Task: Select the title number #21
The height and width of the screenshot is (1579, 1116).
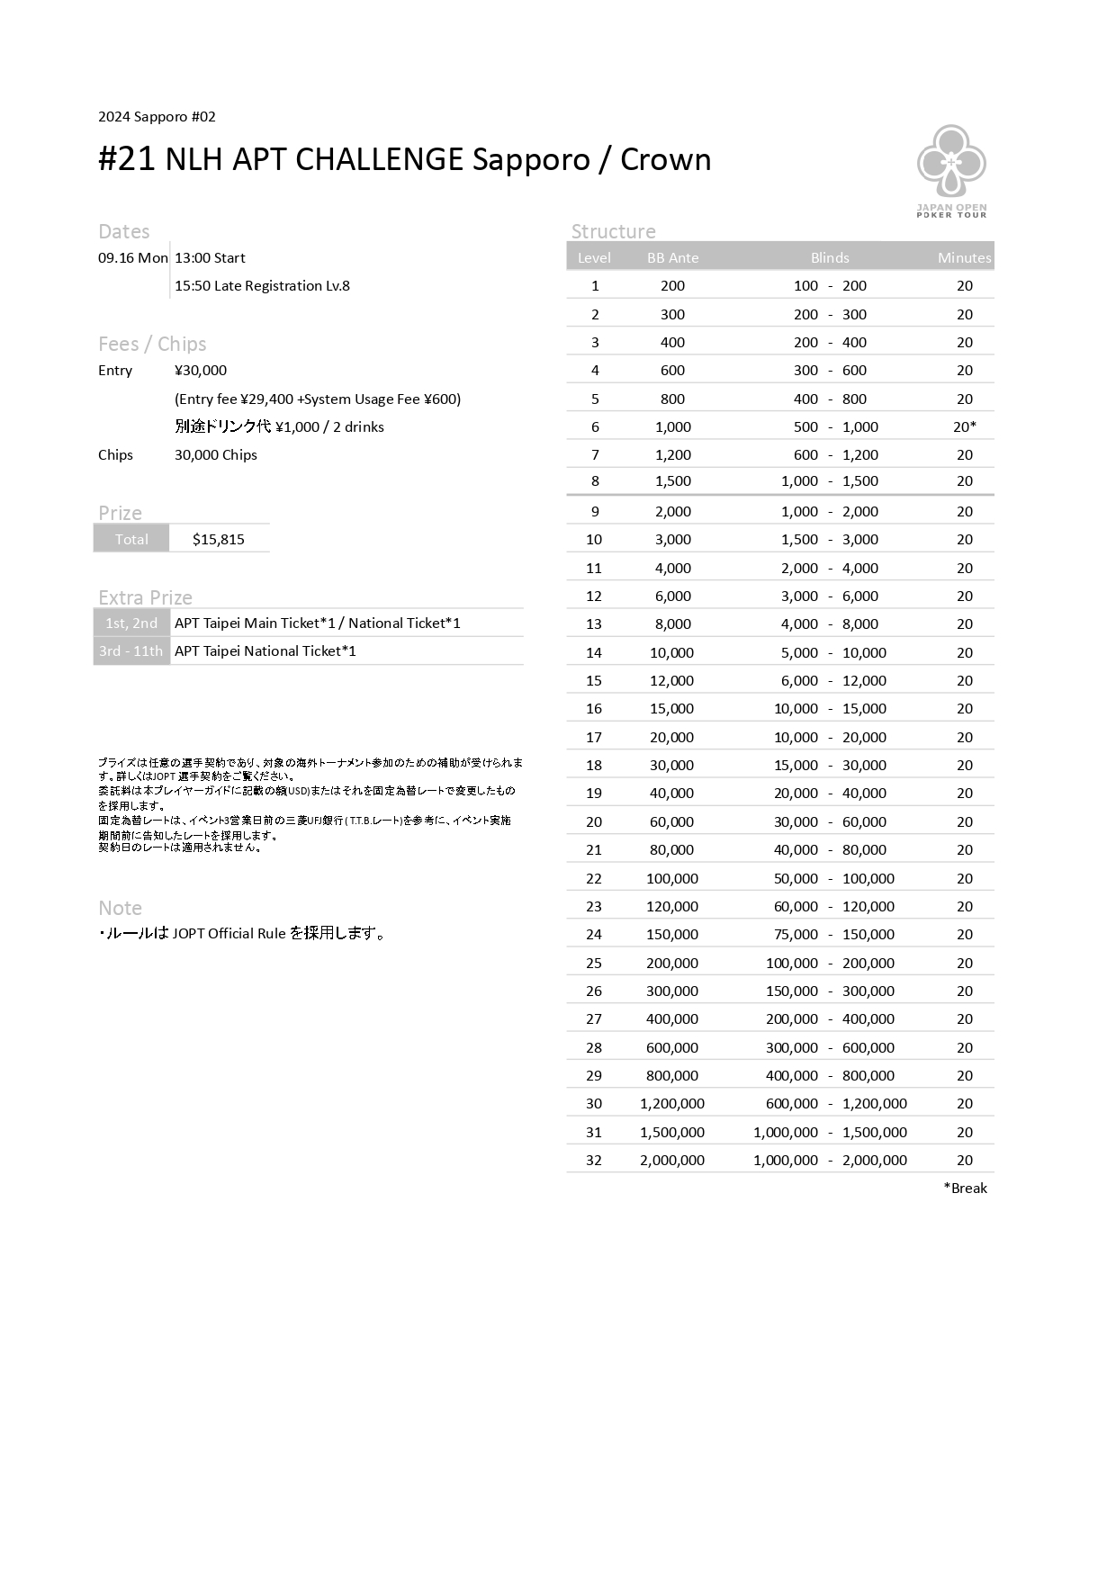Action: click(127, 159)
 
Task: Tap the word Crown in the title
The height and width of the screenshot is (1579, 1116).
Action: click(665, 159)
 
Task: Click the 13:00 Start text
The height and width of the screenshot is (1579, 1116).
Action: click(210, 258)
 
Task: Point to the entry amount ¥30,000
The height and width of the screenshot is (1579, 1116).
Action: click(201, 371)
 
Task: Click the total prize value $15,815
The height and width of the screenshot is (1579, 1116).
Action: click(219, 540)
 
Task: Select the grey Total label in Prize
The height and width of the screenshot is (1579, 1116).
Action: click(131, 540)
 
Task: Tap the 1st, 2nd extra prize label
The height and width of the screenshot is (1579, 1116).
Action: click(131, 624)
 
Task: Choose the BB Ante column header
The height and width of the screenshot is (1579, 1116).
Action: click(672, 258)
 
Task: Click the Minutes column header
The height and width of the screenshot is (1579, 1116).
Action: click(964, 258)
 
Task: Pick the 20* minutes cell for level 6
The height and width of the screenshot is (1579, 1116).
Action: click(965, 427)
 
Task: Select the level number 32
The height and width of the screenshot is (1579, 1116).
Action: click(594, 1161)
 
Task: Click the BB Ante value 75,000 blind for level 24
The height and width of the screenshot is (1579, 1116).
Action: click(796, 935)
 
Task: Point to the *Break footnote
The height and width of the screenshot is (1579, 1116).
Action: click(965, 1189)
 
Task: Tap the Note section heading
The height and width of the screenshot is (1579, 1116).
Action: click(120, 908)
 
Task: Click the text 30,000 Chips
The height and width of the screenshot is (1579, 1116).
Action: click(216, 455)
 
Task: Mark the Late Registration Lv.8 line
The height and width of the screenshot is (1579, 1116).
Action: click(262, 286)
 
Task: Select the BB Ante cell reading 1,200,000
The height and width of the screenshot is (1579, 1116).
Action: click(672, 1104)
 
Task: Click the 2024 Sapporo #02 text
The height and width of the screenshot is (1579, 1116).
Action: click(157, 117)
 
